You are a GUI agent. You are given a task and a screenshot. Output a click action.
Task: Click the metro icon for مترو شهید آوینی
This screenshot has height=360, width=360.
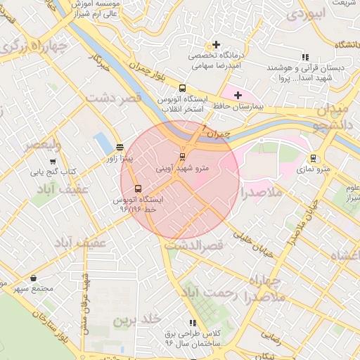(182, 156)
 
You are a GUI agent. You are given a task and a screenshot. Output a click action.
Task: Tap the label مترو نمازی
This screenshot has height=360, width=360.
(314, 169)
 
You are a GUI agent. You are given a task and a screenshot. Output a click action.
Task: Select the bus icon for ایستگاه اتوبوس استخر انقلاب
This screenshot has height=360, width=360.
(183, 89)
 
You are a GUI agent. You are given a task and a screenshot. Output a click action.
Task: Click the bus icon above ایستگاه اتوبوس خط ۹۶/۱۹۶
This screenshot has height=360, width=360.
(137, 188)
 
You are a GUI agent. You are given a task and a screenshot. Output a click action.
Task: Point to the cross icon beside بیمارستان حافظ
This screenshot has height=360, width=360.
(238, 95)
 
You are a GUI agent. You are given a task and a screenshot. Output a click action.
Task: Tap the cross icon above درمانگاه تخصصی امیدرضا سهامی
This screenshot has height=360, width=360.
(217, 44)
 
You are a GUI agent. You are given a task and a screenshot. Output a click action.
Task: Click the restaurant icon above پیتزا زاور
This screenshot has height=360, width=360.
(120, 148)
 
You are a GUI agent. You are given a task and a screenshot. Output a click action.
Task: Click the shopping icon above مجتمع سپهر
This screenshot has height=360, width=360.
(33, 278)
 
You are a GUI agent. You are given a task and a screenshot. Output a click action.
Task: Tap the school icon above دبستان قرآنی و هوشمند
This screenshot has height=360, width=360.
(304, 57)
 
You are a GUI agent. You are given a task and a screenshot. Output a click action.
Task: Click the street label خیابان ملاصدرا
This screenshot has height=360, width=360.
(300, 224)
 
